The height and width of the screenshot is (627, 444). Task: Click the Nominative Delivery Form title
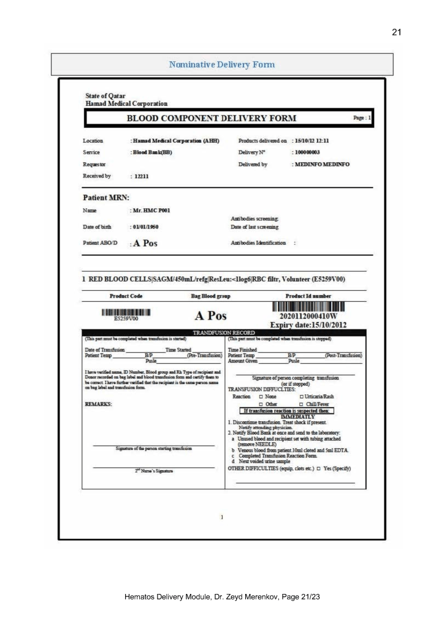pos(221,64)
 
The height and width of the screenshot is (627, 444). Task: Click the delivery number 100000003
pos(311,152)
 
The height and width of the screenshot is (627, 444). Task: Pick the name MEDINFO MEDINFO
pos(323,164)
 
